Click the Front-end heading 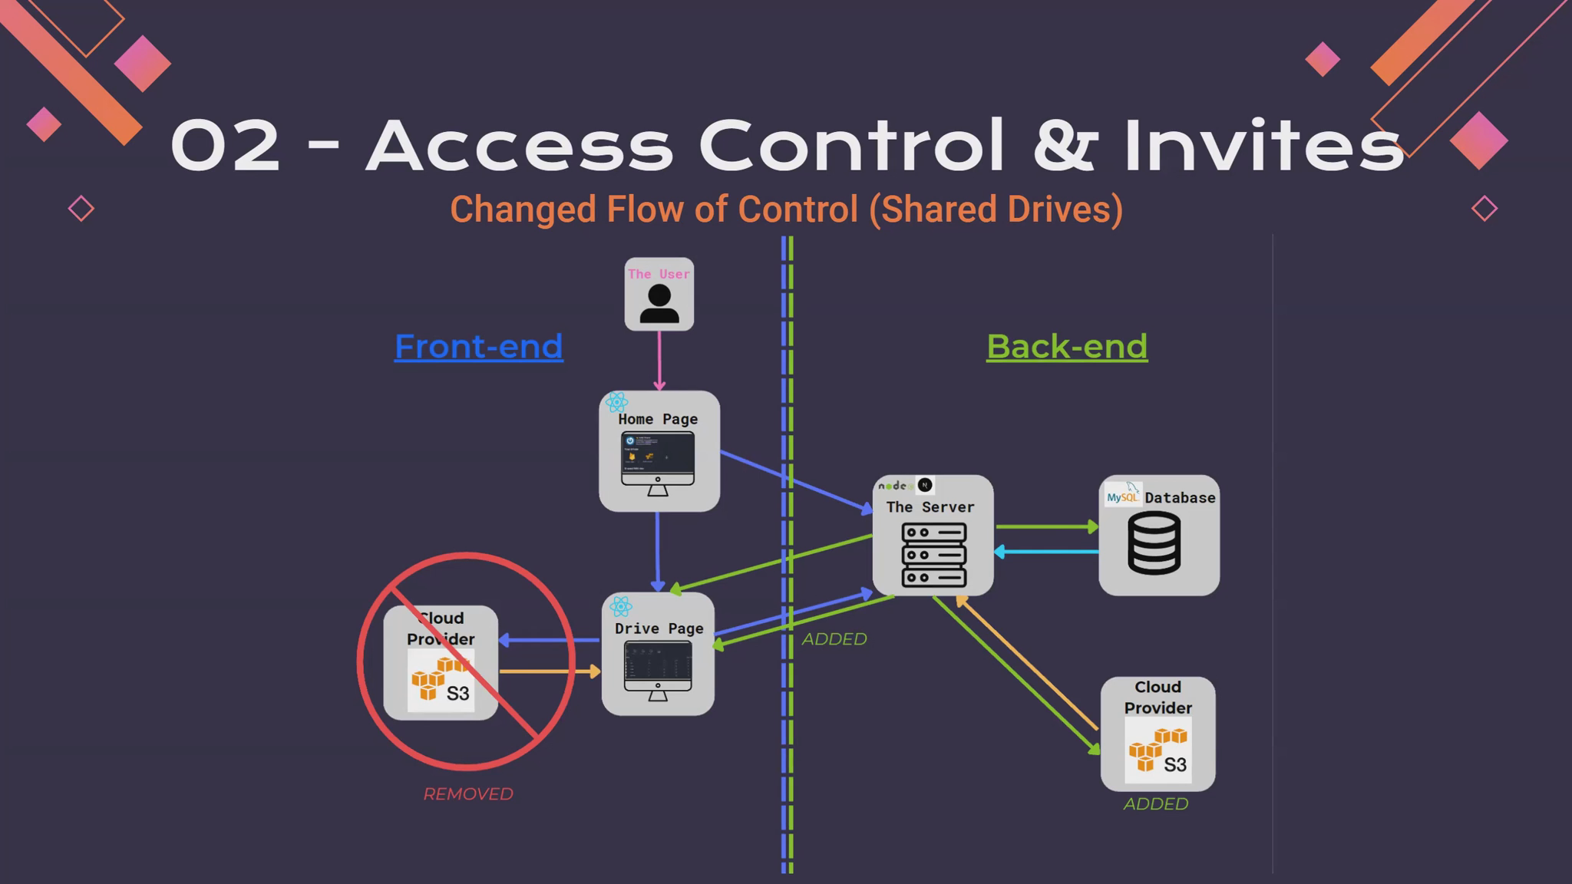(478, 346)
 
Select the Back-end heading (1066, 346)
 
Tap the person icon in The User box (659, 304)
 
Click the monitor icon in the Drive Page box (658, 670)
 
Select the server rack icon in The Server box (933, 555)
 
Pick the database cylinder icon (1154, 543)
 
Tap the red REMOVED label (468, 794)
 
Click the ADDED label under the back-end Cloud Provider (1155, 804)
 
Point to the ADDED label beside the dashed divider (834, 639)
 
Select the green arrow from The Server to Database (1045, 527)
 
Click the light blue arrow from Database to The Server (1045, 552)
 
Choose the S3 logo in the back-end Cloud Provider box (1158, 751)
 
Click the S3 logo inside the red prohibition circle (441, 681)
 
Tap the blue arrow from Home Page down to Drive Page (658, 549)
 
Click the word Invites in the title (1263, 145)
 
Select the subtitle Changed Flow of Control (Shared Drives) (786, 209)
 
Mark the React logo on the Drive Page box (621, 607)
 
